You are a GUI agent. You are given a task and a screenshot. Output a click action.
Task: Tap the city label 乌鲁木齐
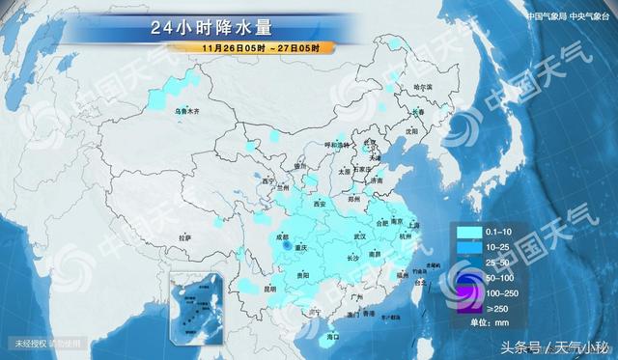[x=186, y=112]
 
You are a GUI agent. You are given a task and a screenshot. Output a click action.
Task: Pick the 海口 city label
[x=332, y=337]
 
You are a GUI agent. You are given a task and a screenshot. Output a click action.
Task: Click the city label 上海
[x=413, y=224]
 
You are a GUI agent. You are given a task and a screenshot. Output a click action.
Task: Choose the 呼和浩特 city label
[x=336, y=145]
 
